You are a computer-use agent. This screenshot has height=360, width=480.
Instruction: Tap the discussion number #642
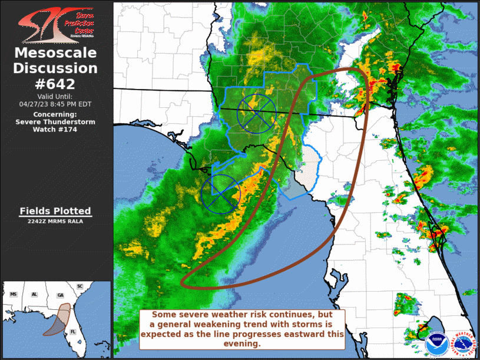55,84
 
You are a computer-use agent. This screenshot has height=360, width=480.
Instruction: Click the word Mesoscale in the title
55,53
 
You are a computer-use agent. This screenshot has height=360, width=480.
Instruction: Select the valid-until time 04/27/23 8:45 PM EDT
55,104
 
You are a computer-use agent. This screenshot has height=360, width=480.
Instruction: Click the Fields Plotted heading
55,211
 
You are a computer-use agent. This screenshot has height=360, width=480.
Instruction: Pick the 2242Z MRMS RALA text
55,222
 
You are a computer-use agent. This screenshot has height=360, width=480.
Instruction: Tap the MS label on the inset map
14,293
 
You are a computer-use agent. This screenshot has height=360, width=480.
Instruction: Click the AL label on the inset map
35,293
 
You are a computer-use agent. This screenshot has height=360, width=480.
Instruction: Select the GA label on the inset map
59,295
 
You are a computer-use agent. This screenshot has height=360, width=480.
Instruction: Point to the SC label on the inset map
80,286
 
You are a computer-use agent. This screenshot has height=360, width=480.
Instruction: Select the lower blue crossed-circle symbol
221,192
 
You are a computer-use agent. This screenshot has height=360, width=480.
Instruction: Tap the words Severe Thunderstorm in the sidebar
55,122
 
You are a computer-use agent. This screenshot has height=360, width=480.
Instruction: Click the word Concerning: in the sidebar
55,114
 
